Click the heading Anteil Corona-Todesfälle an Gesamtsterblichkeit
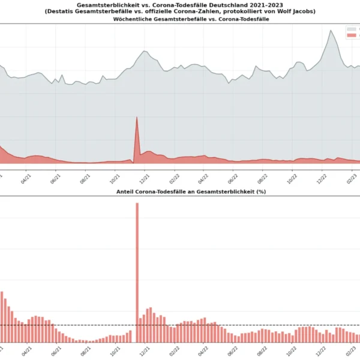[x=191, y=191]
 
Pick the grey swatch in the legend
[x=351, y=29]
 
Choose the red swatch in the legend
[x=351, y=35]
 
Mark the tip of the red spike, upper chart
[x=137, y=117]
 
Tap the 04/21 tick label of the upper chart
[x=26, y=178]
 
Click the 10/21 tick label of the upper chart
[x=115, y=178]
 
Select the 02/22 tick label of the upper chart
[x=175, y=178]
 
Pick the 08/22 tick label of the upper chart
[x=263, y=178]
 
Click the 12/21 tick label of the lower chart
[x=145, y=350]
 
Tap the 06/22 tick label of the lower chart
[x=233, y=350]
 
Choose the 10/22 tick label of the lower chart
[x=292, y=350]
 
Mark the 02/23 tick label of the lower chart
[x=352, y=350]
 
